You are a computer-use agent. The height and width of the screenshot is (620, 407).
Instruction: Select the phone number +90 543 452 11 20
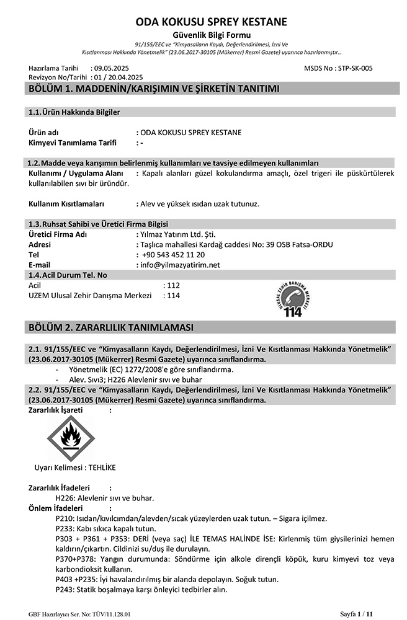(174, 255)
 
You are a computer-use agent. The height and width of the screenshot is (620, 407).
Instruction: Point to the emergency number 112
(173, 285)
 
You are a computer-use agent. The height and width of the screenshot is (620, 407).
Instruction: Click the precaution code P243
(65, 589)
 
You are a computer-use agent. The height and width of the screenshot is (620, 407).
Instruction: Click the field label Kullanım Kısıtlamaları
(66, 203)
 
